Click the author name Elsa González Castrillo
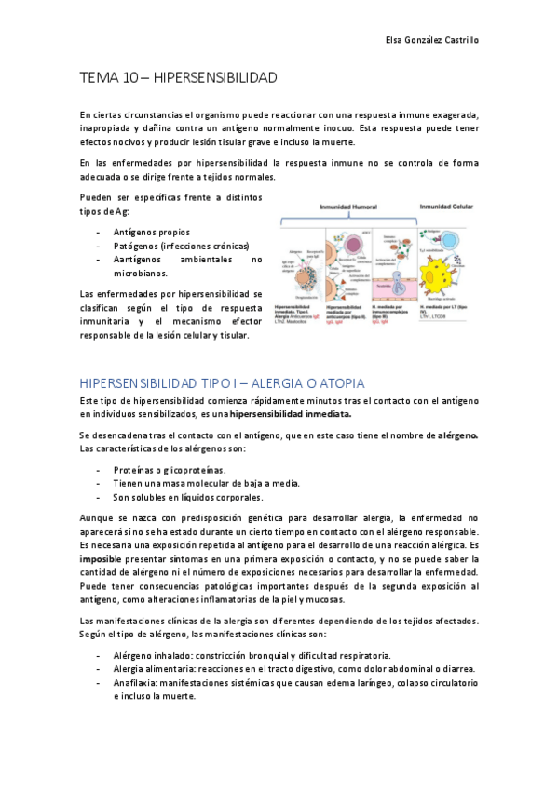432,41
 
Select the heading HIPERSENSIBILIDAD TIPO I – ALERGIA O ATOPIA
223,382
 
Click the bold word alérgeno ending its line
457,435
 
